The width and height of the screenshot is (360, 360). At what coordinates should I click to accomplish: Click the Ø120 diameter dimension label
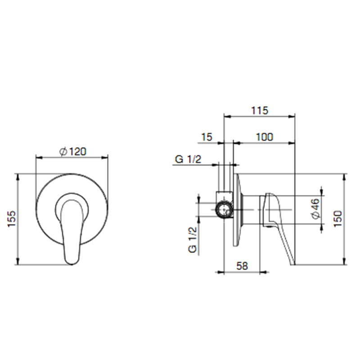click(x=73, y=152)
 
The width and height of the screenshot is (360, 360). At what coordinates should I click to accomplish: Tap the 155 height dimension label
click(x=12, y=219)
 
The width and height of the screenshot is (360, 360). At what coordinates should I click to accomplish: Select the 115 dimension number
click(x=260, y=110)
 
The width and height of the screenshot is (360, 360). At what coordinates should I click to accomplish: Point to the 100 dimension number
click(x=265, y=137)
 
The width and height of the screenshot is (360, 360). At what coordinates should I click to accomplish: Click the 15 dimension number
click(x=207, y=137)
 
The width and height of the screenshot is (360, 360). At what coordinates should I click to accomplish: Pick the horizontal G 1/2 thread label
click(x=188, y=159)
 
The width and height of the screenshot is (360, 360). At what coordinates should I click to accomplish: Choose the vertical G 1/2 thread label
click(x=193, y=239)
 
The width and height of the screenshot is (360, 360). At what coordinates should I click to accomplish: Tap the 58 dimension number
click(x=242, y=266)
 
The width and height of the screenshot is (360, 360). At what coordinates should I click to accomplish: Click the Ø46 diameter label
click(x=316, y=209)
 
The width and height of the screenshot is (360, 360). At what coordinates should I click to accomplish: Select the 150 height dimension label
click(x=337, y=219)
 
